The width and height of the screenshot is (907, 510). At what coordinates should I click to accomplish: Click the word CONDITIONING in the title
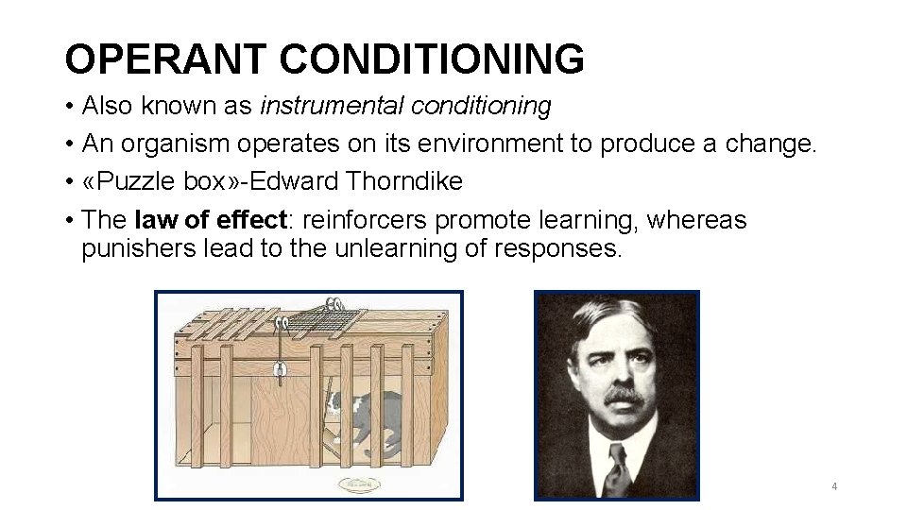click(x=432, y=59)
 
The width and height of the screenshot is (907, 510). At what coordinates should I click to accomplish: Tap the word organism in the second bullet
click(x=176, y=144)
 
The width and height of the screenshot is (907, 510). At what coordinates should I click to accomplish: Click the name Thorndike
click(x=404, y=181)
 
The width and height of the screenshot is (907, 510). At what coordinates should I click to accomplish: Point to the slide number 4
click(x=834, y=486)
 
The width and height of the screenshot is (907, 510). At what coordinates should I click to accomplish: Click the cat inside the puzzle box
click(x=363, y=416)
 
